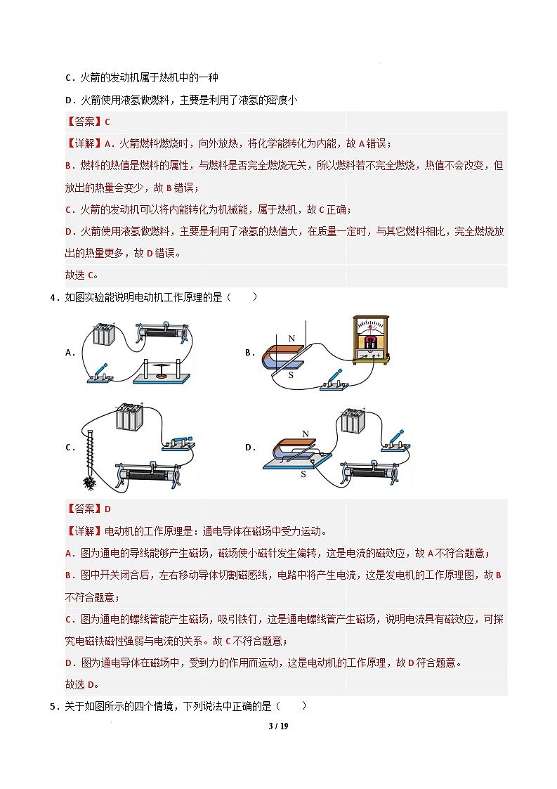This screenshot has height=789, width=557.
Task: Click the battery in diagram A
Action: (x=105, y=333)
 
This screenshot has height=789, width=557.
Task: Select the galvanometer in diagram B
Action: (x=370, y=341)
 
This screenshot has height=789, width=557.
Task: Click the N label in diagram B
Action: (x=291, y=339)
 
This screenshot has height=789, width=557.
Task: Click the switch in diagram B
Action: (x=332, y=380)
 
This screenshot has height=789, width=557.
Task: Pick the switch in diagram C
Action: (x=178, y=443)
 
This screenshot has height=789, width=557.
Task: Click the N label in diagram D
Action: (x=286, y=433)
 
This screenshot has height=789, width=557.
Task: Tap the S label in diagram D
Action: (x=303, y=474)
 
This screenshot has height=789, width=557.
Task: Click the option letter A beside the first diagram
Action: (x=70, y=353)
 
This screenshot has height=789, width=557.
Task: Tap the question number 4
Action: (x=53, y=297)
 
